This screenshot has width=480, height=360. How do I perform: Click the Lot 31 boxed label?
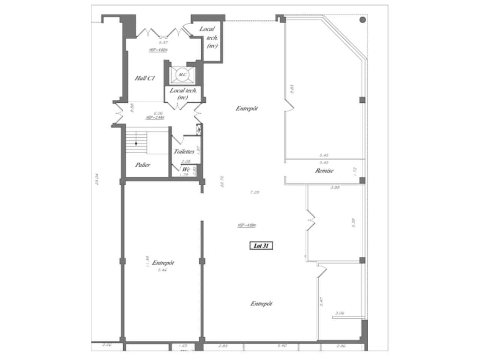[x=261, y=246]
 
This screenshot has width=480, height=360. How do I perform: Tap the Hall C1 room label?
[x=145, y=78]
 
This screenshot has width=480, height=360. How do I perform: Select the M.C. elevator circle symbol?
[x=182, y=75]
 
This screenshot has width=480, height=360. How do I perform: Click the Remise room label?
[x=324, y=171]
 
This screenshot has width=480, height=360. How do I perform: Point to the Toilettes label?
[x=184, y=152]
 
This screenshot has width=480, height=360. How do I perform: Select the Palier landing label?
[x=142, y=165]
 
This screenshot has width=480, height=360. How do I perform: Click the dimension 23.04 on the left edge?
[x=97, y=179]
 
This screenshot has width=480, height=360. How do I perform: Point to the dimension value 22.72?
[x=222, y=181]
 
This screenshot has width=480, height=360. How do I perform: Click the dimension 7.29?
[x=255, y=192]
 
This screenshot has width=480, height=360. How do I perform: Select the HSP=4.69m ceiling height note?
[x=247, y=225]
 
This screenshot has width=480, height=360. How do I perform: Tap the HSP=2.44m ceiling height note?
[x=155, y=117]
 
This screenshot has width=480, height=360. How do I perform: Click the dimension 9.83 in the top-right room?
[x=292, y=89]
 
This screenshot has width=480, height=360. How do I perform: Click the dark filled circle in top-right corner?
[x=363, y=20]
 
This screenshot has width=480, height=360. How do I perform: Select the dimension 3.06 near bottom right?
[x=340, y=313]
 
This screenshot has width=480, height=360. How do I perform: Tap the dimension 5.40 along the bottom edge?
[x=282, y=346]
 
